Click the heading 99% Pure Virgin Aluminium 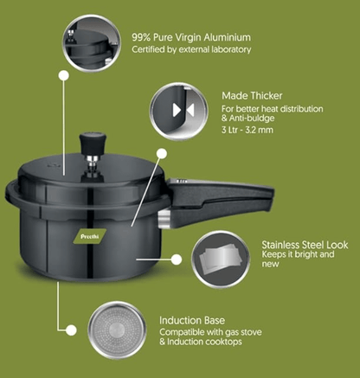pos(190,38)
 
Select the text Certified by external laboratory pos(190,50)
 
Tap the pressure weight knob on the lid pos(87,142)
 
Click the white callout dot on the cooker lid pos(160,152)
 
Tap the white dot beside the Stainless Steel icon pos(174,257)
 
